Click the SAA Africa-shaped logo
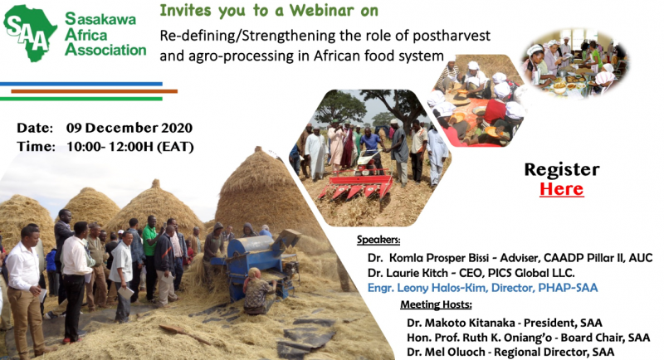30,33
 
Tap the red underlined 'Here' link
562,189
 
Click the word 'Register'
562,170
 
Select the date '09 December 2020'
129,128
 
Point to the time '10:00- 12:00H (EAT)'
130,147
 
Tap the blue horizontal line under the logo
81,84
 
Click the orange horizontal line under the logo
94,91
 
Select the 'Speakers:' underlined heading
378,240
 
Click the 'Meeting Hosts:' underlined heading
436,304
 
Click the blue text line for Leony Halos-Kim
483,288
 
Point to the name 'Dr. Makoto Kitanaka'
461,323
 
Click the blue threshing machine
257,262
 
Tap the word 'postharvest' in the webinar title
452,36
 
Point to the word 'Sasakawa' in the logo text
100,19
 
